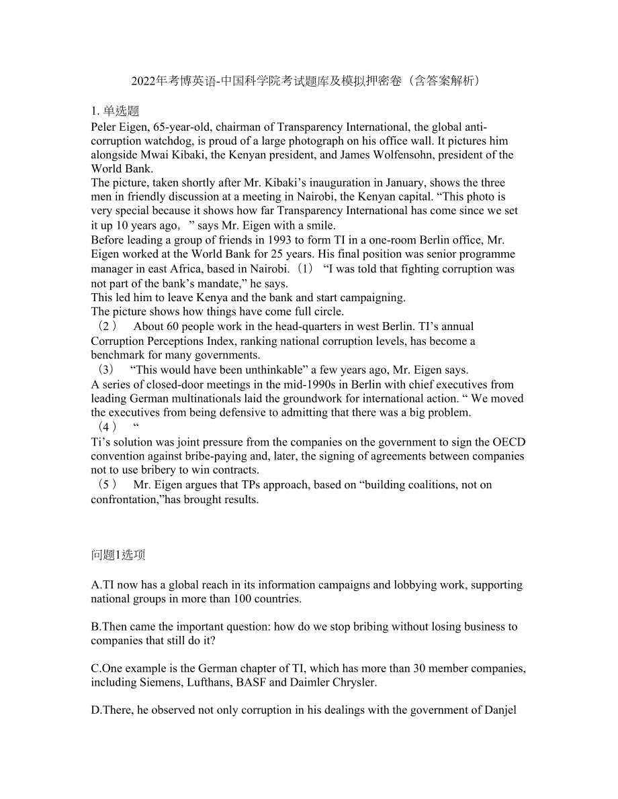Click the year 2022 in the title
(x=142, y=81)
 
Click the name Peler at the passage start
(x=104, y=127)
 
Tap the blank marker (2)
(x=107, y=327)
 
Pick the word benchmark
(x=120, y=355)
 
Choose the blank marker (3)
(x=106, y=370)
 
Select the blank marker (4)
(x=107, y=427)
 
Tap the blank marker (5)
(x=107, y=485)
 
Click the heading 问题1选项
(x=118, y=555)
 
